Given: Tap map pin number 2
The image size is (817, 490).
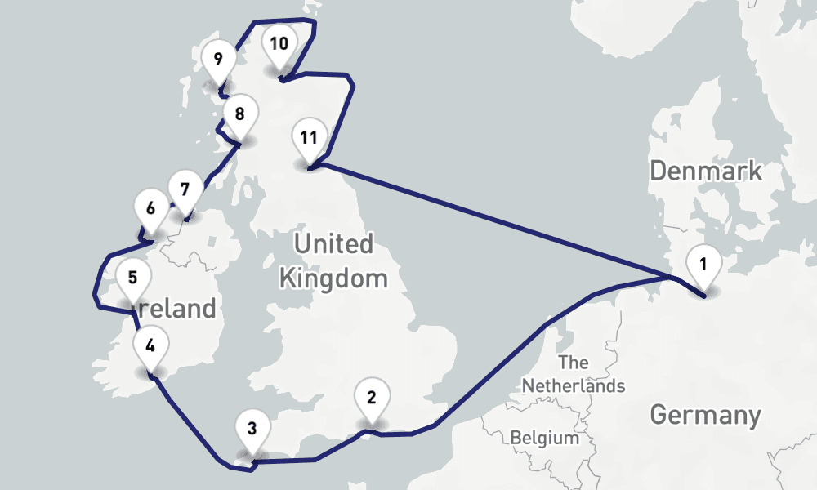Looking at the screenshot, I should [x=372, y=399].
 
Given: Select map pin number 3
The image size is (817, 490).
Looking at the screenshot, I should [x=252, y=428].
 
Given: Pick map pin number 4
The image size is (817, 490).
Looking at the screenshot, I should [x=150, y=345].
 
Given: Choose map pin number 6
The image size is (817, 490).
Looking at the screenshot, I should [x=150, y=208].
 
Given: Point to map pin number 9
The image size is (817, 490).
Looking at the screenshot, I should [x=217, y=60].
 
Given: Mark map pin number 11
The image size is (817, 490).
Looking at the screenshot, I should [x=308, y=137].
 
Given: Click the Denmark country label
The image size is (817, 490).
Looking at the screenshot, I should [x=706, y=171].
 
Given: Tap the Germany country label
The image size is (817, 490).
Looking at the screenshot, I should [x=705, y=415].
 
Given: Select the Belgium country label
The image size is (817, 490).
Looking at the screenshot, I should [x=545, y=438].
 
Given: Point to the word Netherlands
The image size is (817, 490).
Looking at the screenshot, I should [x=574, y=385].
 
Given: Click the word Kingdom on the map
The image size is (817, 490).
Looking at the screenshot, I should [x=333, y=278].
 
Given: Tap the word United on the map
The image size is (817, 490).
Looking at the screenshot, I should [x=333, y=243].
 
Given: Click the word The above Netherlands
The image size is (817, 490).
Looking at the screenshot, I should [x=574, y=362].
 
